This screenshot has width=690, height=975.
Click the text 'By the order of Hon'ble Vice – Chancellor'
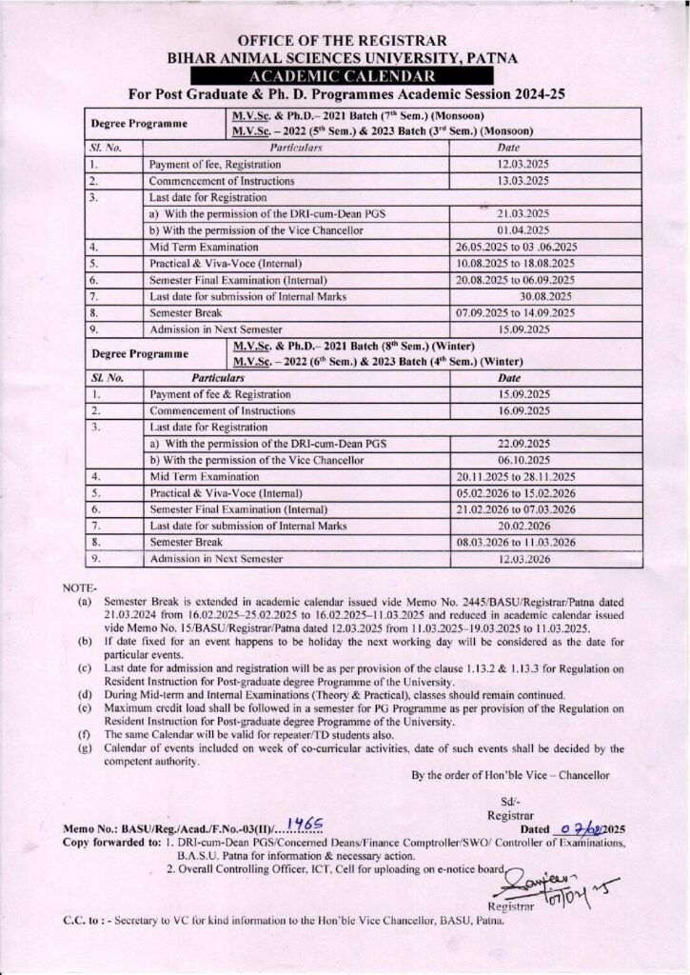click(518, 774)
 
